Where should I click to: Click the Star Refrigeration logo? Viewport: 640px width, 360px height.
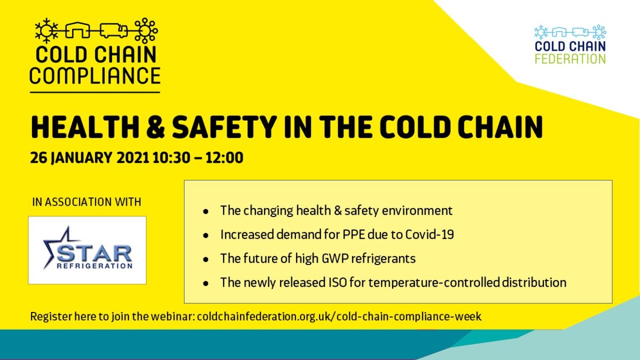(x=87, y=250)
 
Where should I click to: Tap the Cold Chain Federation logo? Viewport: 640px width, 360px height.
(x=570, y=44)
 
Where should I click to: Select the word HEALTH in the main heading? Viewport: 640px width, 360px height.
(x=85, y=127)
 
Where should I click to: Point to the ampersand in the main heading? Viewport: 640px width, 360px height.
(x=155, y=127)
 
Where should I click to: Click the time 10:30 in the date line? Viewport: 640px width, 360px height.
(x=171, y=158)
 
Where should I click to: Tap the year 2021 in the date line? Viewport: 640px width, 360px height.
(x=133, y=158)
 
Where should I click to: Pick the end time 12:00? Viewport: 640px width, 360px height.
(x=225, y=158)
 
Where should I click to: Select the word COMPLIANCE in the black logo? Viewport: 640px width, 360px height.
(x=95, y=75)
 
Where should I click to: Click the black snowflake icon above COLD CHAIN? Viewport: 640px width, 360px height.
(x=46, y=31)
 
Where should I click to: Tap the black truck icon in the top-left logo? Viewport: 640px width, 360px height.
(x=114, y=30)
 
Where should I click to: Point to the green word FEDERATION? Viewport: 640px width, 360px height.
(x=570, y=59)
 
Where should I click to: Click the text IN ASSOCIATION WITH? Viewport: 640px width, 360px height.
(x=87, y=202)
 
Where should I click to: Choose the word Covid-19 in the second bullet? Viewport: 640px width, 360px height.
(x=430, y=235)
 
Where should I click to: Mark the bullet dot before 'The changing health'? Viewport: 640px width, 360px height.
(x=206, y=212)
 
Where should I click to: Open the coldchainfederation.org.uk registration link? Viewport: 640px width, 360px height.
(x=339, y=317)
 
